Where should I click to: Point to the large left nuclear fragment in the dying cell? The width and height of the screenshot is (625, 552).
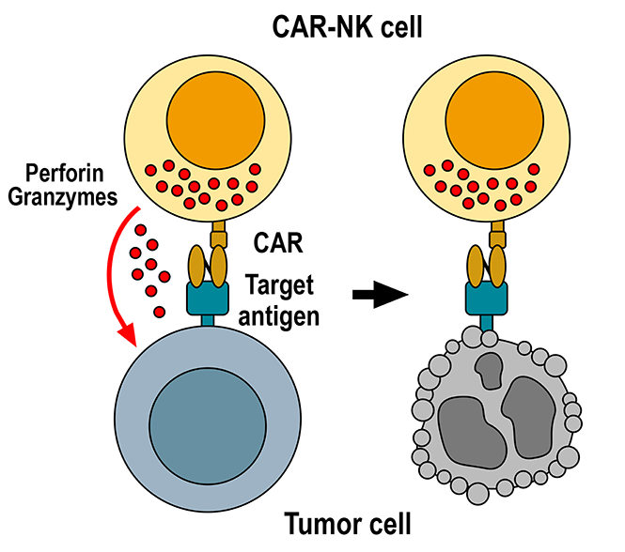461,424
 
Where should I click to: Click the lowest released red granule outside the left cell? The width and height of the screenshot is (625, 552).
159,311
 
